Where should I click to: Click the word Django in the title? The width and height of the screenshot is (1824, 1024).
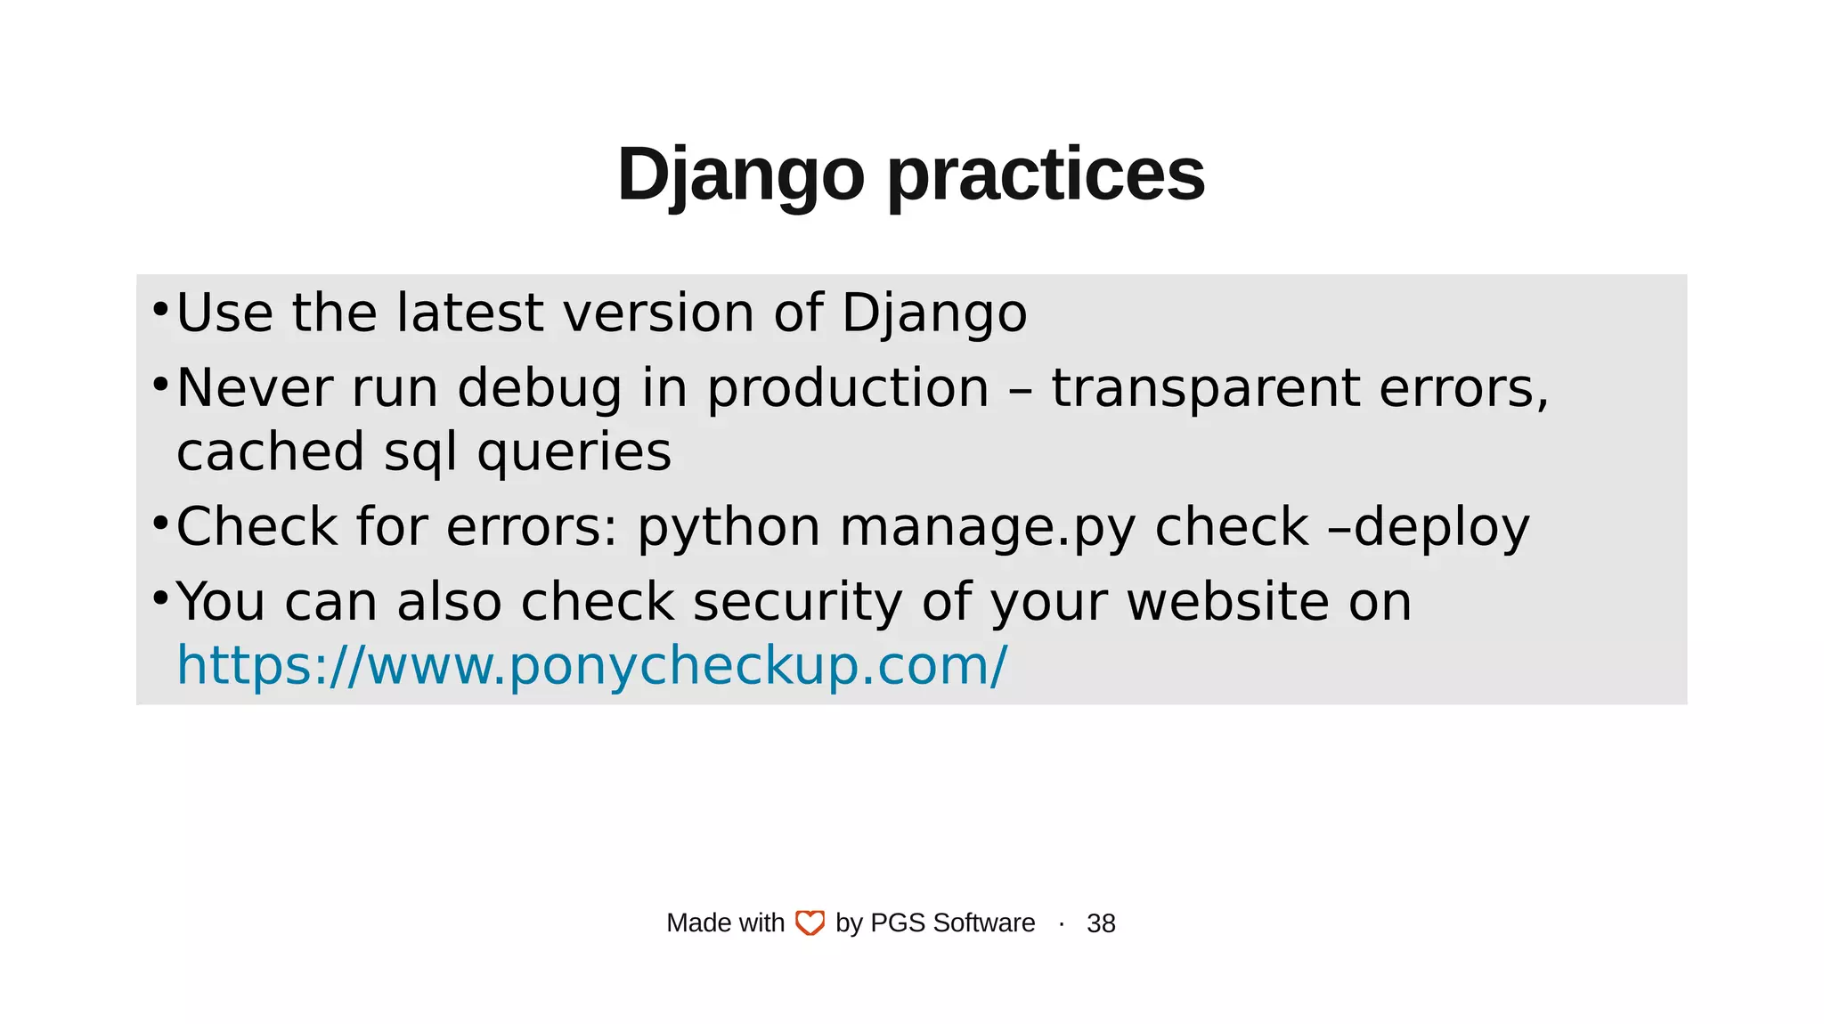[740, 175]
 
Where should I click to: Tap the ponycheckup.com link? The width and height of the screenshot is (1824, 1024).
[592, 665]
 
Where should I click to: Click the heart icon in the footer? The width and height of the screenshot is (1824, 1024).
[810, 923]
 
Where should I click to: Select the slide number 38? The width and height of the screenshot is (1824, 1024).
[1101, 923]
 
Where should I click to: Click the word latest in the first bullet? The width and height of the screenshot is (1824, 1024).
[469, 313]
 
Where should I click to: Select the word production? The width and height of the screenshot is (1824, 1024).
[848, 388]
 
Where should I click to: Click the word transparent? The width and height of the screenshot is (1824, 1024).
[1206, 388]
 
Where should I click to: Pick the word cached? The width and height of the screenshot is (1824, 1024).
[271, 451]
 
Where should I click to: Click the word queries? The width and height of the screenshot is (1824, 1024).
[574, 451]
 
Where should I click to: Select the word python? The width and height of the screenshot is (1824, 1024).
[729, 526]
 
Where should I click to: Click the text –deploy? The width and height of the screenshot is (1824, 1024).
[1429, 526]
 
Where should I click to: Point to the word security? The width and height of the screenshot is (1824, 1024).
[798, 601]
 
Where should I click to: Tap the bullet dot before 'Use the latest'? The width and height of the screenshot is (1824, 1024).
[160, 310]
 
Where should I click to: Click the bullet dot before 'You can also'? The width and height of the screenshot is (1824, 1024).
[160, 598]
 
